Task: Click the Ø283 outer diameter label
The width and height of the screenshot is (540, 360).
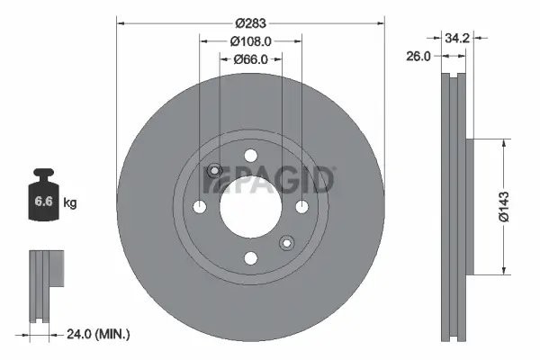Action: (x=251, y=23)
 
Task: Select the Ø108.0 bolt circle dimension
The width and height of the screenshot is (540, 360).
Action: (x=251, y=41)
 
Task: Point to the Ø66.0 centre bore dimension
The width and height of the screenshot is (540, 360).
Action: (x=251, y=59)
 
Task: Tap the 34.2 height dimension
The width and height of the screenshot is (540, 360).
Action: (x=458, y=38)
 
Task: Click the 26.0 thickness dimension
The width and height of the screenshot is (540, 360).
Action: (x=418, y=56)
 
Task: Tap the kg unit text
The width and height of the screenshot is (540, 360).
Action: (x=71, y=204)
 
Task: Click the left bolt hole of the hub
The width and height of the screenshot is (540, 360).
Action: (x=200, y=207)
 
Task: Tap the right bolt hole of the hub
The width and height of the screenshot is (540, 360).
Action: (x=301, y=207)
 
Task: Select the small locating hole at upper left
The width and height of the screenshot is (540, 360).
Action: (x=214, y=171)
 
